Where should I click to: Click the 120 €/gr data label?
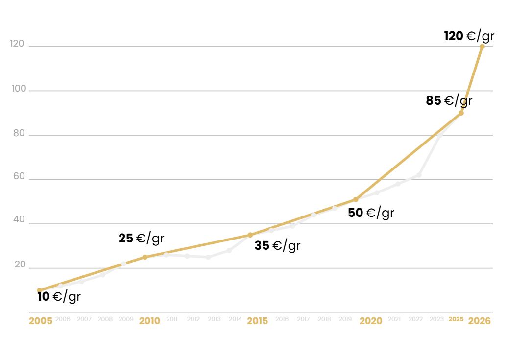pyautogui.click(x=469, y=36)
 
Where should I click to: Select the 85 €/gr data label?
pyautogui.click(x=449, y=101)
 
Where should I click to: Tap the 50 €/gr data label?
pyautogui.click(x=371, y=213)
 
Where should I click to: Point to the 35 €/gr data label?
pyautogui.click(x=277, y=245)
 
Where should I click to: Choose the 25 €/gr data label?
pyautogui.click(x=141, y=239)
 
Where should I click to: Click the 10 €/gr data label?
pyautogui.click(x=59, y=296)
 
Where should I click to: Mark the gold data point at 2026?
pyautogui.click(x=482, y=47)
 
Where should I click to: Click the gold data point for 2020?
pyautogui.click(x=356, y=199)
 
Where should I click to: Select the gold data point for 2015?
pyautogui.click(x=250, y=235)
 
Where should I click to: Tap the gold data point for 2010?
pyautogui.click(x=145, y=257)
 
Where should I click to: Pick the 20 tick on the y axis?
pyautogui.click(x=20, y=264)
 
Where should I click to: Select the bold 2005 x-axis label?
pyautogui.click(x=41, y=321)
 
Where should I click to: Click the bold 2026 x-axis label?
pyautogui.click(x=479, y=321)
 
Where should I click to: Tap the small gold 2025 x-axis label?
pyautogui.click(x=456, y=319)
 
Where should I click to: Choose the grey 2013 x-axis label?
pyautogui.click(x=214, y=319)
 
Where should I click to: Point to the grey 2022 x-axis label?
pyautogui.click(x=415, y=319)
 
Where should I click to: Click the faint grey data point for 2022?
pyautogui.click(x=419, y=175)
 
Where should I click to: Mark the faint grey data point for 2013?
pyautogui.click(x=208, y=257)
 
